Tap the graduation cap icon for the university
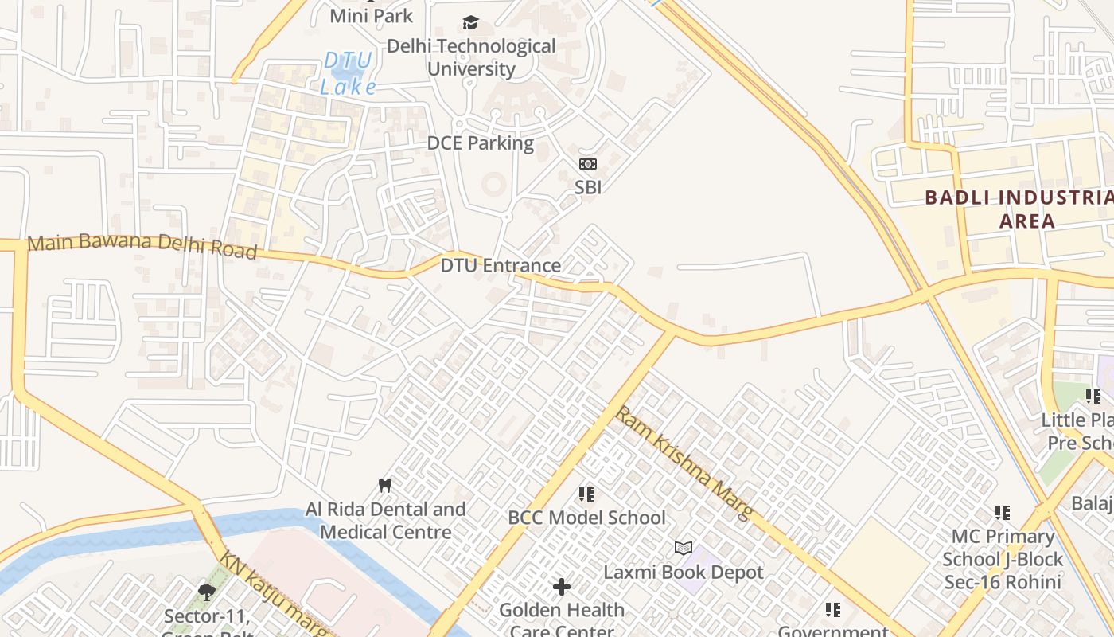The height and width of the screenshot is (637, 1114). pos(471,23)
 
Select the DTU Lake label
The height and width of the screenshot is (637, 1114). pos(348,73)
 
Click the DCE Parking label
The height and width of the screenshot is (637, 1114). pos(480,143)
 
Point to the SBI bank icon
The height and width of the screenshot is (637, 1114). pos(588,164)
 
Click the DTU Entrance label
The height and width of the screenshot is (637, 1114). pos(501,265)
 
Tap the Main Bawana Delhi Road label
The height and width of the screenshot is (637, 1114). pos(142,246)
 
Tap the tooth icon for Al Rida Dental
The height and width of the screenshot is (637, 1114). pos(385,485)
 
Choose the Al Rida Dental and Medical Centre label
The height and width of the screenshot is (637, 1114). pos(386,521)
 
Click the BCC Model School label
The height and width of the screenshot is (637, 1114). pos(586,518)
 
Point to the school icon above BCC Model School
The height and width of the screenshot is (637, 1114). pos(586,494)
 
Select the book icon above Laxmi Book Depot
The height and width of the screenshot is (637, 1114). pos(684,548)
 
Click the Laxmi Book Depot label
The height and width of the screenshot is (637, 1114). pos(684,573)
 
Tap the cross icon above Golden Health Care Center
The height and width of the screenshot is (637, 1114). pos(562,588)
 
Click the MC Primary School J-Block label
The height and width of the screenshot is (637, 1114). pos(1003,559)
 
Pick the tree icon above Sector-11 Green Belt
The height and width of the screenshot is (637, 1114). pos(207,592)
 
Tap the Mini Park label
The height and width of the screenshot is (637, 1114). pos(371,15)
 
